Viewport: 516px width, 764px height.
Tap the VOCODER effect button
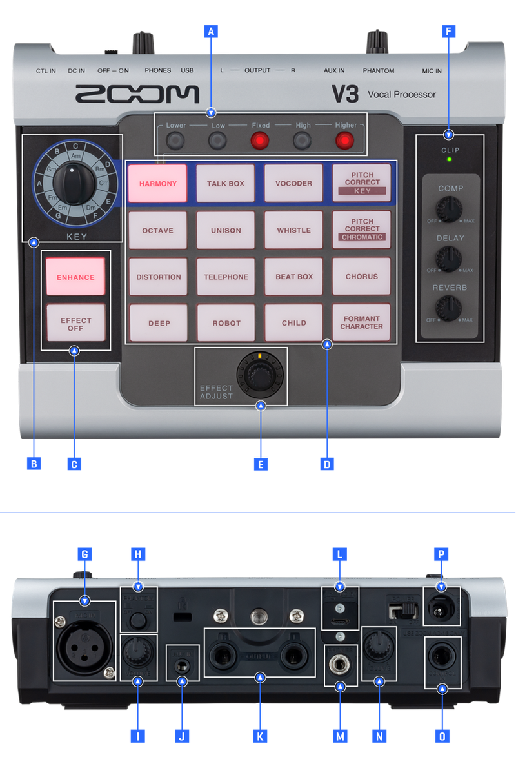pos(293,184)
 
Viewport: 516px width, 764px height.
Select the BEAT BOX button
pos(293,277)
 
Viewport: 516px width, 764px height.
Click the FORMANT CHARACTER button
pos(362,322)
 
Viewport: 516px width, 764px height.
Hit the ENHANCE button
pos(75,277)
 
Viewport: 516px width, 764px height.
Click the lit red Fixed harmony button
pos(260,140)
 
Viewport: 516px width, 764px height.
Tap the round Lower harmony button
pos(176,140)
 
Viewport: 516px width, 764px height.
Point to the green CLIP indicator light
pos(450,159)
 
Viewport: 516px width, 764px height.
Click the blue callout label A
pos(210,30)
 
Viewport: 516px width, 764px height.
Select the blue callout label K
pos(260,736)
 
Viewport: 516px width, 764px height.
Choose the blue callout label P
pos(441,554)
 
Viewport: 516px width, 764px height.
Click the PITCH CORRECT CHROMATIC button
pos(362,230)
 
